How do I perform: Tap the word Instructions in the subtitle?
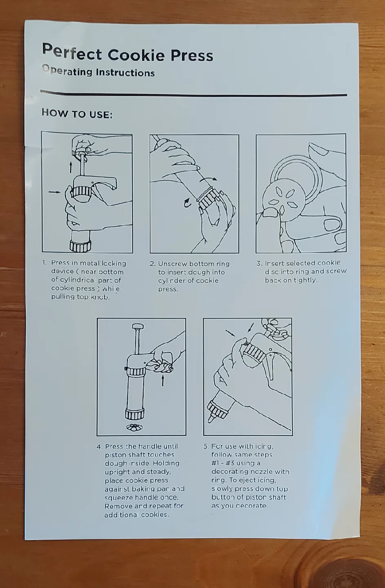[x=125, y=73]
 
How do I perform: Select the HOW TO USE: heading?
[x=77, y=114]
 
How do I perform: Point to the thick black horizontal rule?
[x=194, y=94]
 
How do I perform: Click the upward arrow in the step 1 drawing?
[x=71, y=166]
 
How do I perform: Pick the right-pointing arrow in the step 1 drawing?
[x=54, y=192]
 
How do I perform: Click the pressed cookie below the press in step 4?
[x=134, y=428]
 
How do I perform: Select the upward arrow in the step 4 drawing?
[x=162, y=381]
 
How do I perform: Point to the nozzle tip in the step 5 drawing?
[x=211, y=419]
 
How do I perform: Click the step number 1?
[x=45, y=263]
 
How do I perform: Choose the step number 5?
[x=206, y=446]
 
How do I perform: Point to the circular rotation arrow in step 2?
[x=187, y=203]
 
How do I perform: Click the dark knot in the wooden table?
[x=351, y=574]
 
